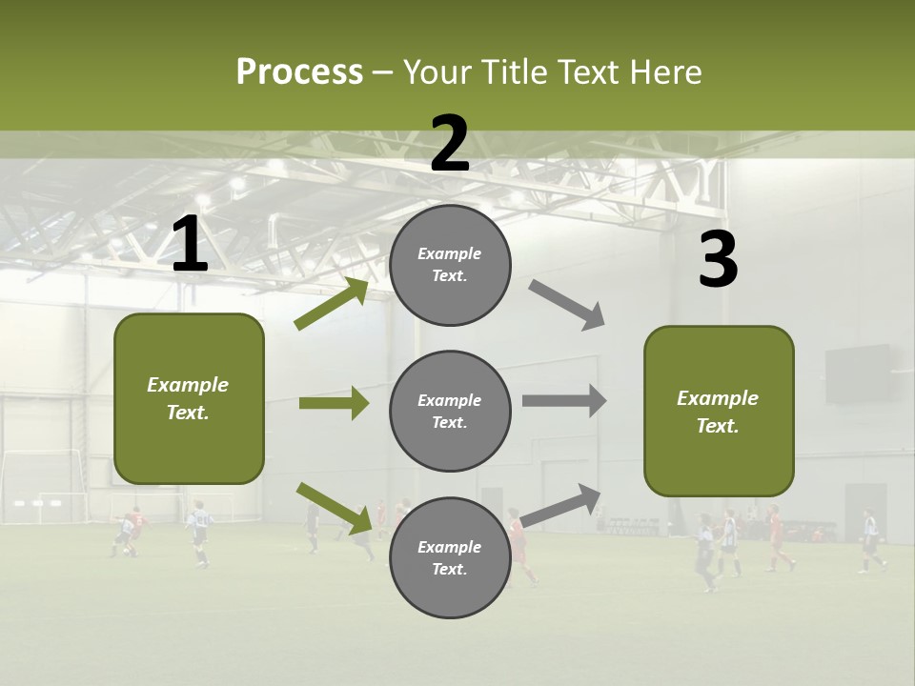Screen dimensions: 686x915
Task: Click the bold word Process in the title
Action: pos(299,72)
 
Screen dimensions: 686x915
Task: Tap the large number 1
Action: pos(190,245)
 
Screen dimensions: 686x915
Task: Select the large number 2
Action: pos(450,144)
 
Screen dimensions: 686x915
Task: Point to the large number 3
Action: pos(718,260)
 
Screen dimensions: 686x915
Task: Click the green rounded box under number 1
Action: pos(189,398)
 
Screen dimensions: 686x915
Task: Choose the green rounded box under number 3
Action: pos(719,411)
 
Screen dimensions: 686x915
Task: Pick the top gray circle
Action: pos(450,265)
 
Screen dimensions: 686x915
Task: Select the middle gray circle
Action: pos(450,411)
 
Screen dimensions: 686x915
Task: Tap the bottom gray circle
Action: pos(450,557)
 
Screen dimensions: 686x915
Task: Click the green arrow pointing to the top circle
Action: pos(332,304)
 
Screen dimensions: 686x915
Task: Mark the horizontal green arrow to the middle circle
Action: pos(334,403)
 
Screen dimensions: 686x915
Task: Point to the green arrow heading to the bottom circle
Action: pos(334,508)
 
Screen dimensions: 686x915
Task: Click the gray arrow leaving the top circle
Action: pos(567,305)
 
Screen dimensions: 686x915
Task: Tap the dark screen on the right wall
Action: pos(857,373)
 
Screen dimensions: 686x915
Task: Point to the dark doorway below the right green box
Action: pos(864,511)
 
